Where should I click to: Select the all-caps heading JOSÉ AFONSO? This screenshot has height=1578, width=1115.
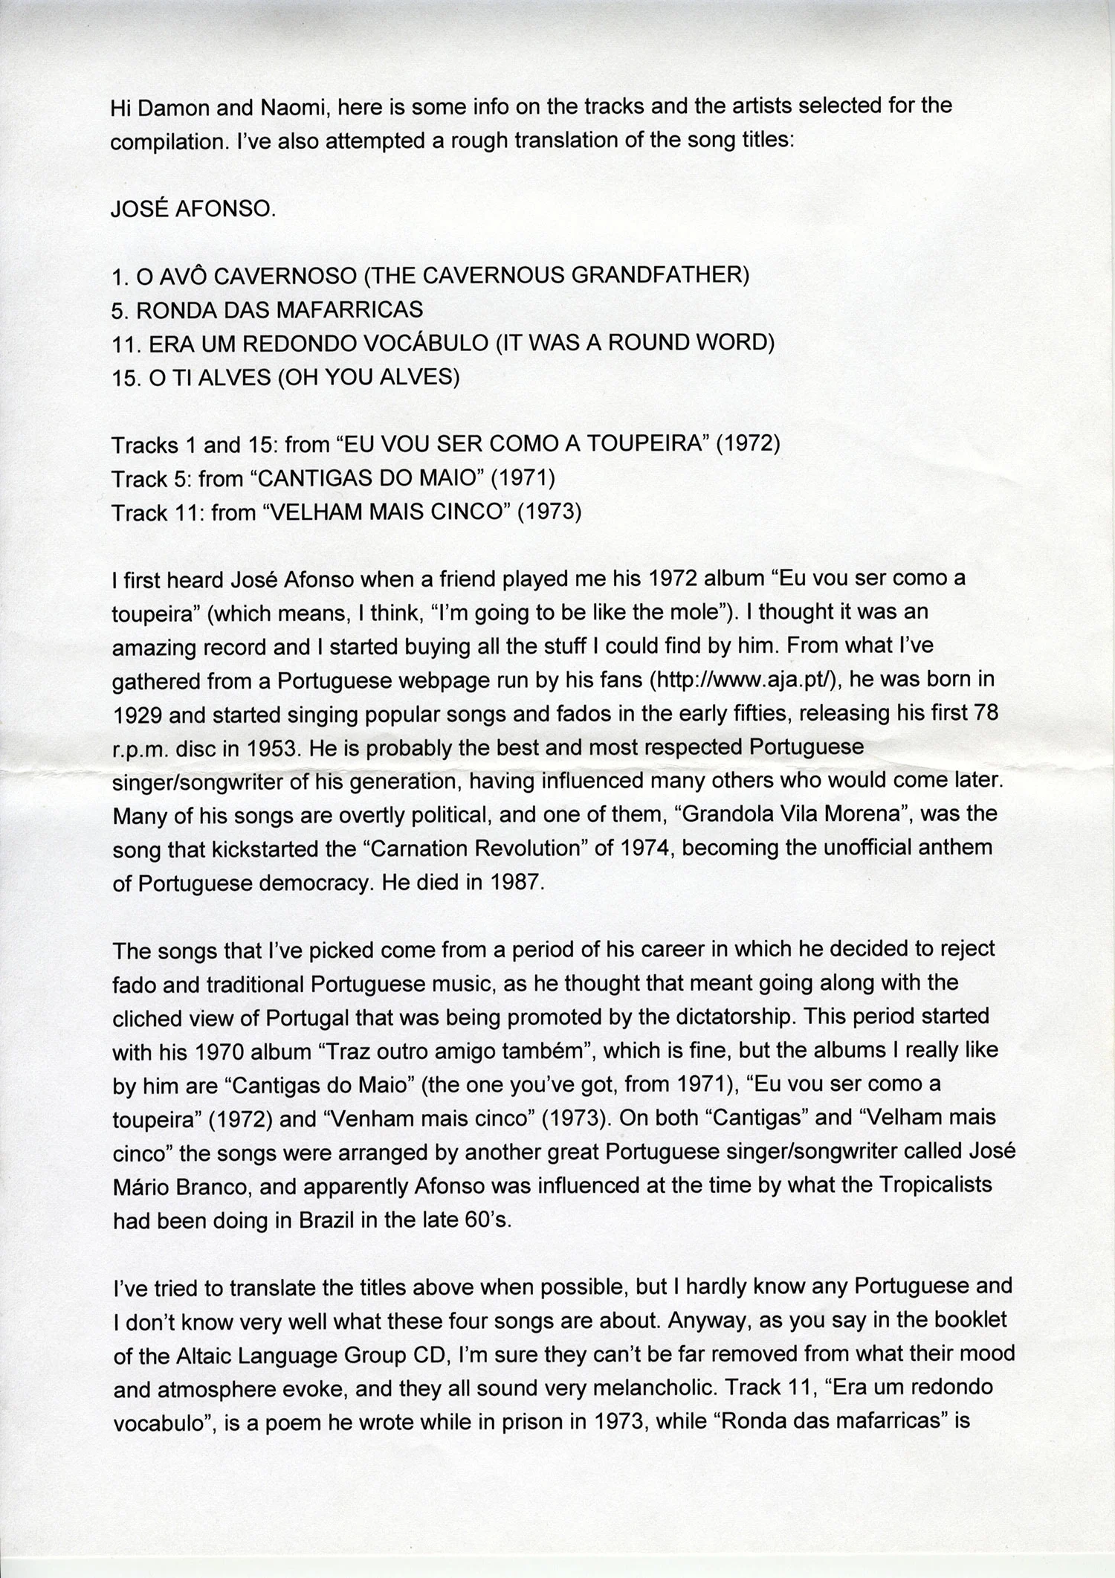click(193, 209)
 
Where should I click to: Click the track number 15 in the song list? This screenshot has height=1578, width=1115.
click(125, 378)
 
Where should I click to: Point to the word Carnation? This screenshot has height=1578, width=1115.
click(529, 849)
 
